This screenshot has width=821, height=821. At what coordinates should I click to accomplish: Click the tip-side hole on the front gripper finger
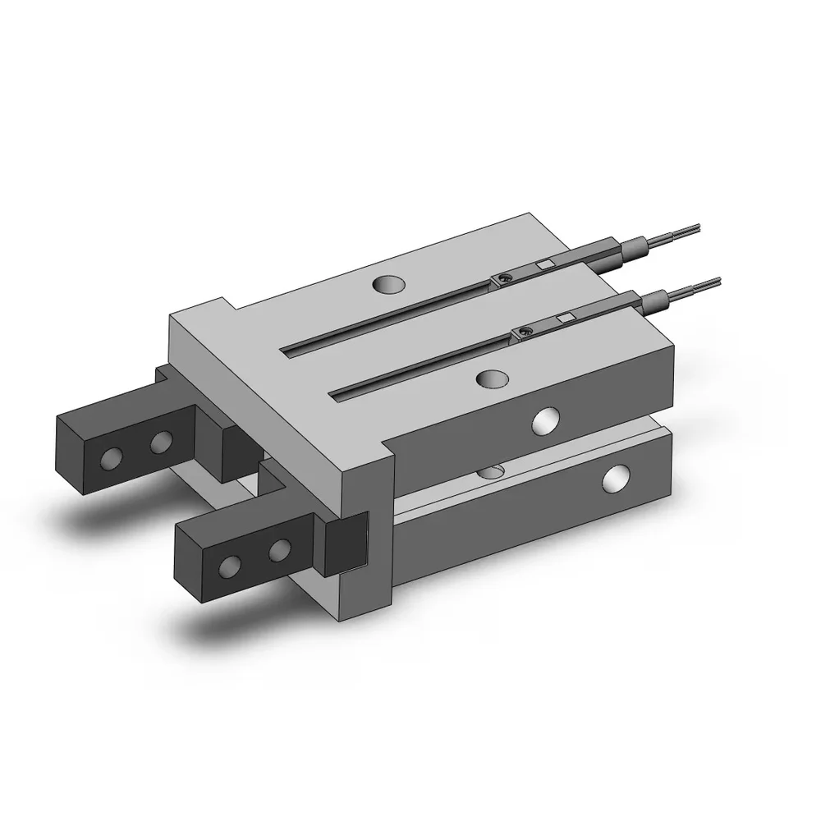coord(232,564)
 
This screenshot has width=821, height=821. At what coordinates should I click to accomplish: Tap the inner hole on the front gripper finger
coord(281,548)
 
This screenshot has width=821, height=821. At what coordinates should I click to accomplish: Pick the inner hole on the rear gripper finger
coord(161,443)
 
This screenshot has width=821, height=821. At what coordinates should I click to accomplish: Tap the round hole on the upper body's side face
coord(544,422)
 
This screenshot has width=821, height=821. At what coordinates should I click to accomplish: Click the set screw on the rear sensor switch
coord(503,280)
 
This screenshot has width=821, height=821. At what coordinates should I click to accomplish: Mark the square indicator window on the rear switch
coord(544,264)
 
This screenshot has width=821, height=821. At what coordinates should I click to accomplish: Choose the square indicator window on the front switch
coord(565,316)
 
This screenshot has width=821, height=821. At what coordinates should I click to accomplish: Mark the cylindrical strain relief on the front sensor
coord(657,302)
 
